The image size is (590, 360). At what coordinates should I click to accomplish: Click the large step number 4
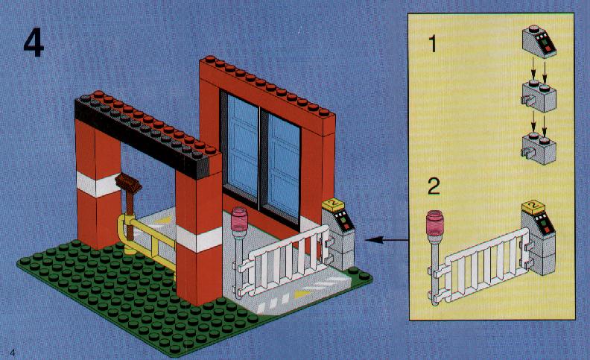tap(34, 43)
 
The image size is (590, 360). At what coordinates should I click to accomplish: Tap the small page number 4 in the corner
tap(13, 353)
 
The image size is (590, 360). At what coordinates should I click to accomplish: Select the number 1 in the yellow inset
tap(433, 44)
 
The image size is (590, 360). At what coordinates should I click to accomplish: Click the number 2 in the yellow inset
tap(434, 186)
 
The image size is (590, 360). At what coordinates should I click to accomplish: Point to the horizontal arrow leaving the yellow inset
tap(387, 239)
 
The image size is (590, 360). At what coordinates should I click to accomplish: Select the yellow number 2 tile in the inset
tap(533, 206)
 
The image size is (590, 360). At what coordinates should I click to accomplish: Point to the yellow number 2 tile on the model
tap(334, 204)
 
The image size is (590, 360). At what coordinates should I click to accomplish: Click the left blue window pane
tap(243, 147)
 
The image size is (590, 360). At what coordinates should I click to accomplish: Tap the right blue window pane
tap(284, 165)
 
